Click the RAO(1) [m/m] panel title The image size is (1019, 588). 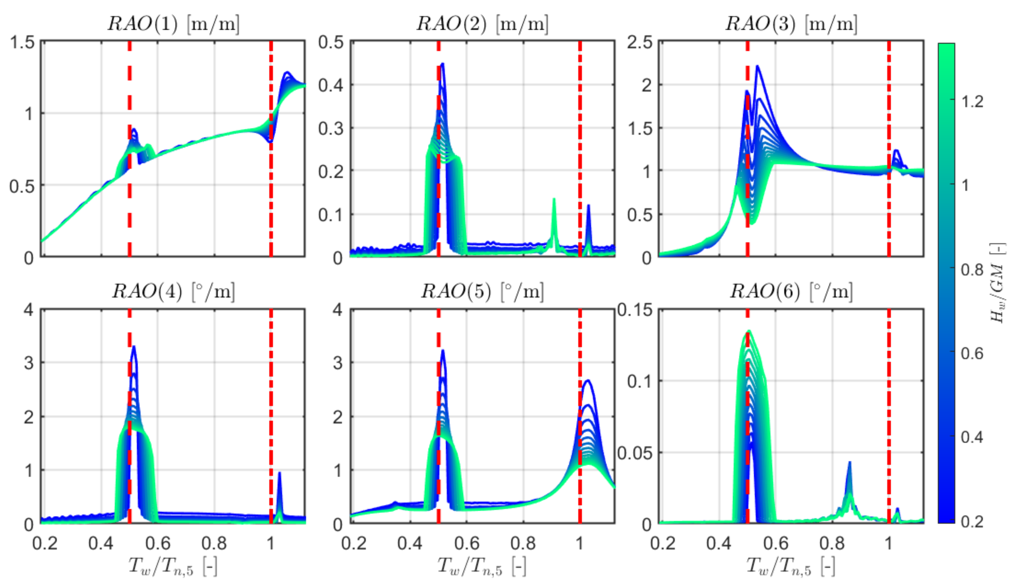[x=173, y=24]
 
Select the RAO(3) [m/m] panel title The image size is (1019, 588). [x=791, y=24]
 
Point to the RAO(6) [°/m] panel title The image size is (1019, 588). [x=791, y=291]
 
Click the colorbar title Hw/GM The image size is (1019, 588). [x=998, y=283]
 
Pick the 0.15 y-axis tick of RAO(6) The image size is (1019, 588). [x=635, y=310]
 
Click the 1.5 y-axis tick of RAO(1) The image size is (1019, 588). [x=22, y=42]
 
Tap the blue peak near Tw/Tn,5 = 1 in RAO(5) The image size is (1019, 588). [x=588, y=380]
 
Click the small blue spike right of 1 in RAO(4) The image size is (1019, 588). [x=280, y=473]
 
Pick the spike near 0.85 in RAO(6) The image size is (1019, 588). [x=849, y=463]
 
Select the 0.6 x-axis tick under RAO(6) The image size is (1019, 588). [x=776, y=543]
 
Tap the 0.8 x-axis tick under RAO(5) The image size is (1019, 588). [x=523, y=543]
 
